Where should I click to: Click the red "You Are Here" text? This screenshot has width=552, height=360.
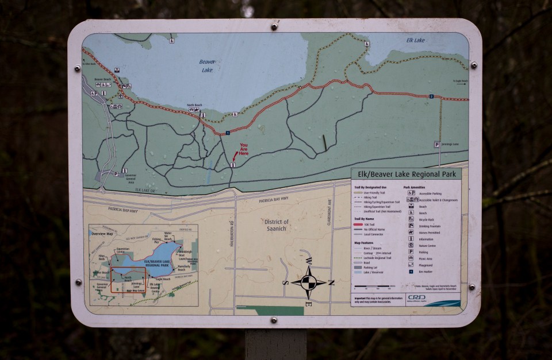point(244,149)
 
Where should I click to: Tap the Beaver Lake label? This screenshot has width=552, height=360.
point(207,66)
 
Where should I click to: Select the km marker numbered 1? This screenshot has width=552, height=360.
point(228,133)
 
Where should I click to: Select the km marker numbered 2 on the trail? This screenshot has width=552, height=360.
point(431,96)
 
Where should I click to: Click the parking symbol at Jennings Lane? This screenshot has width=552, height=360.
point(437,145)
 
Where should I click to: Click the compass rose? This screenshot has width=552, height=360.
point(308,282)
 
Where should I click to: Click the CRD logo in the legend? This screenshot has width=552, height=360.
point(416,297)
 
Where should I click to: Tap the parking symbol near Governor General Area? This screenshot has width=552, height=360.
point(116,172)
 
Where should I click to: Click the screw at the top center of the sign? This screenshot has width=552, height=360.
point(275,26)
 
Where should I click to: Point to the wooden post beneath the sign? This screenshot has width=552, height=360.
point(275,344)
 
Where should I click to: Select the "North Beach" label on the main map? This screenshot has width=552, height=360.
point(194,105)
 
